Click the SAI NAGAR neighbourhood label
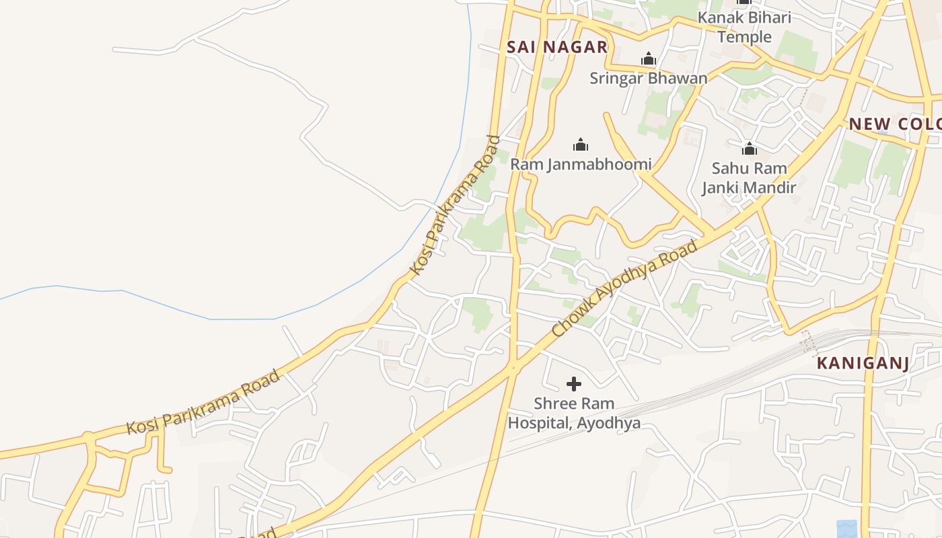[557, 47]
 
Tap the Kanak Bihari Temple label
[744, 27]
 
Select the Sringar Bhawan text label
[649, 78]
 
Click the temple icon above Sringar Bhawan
[649, 59]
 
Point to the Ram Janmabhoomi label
[581, 164]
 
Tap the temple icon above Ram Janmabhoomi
[581, 145]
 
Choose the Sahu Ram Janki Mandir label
[749, 178]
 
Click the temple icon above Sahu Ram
[750, 149]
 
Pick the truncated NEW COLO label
[894, 124]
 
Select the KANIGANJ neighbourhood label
[863, 364]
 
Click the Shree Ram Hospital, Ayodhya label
[574, 414]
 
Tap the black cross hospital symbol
[574, 384]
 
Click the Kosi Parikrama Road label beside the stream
[456, 206]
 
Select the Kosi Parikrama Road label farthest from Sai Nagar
[203, 402]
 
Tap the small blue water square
[847, 529]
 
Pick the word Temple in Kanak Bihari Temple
[744, 36]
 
